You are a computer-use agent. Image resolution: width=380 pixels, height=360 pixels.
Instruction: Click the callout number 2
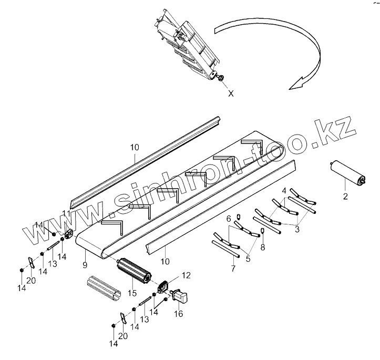345,197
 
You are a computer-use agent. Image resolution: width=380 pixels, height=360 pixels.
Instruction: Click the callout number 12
186,275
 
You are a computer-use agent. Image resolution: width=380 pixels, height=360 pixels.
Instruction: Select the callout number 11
66,213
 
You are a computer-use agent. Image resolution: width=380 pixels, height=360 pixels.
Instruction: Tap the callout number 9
85,251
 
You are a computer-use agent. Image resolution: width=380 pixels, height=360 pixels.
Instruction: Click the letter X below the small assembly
231,94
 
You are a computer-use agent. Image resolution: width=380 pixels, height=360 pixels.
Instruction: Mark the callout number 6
229,218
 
